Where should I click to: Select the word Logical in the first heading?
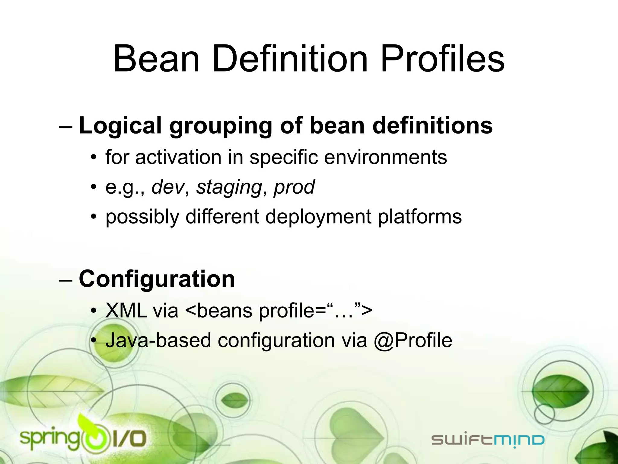click(x=120, y=126)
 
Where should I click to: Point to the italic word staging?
click(x=229, y=187)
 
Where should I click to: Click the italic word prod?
click(x=294, y=187)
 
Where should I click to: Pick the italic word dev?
click(x=168, y=187)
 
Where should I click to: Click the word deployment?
click(x=318, y=217)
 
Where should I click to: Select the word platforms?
click(x=419, y=217)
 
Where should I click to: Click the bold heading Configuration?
click(x=157, y=279)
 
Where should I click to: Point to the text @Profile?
click(x=413, y=341)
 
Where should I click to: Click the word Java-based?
click(x=158, y=341)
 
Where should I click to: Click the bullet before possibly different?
click(x=94, y=217)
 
